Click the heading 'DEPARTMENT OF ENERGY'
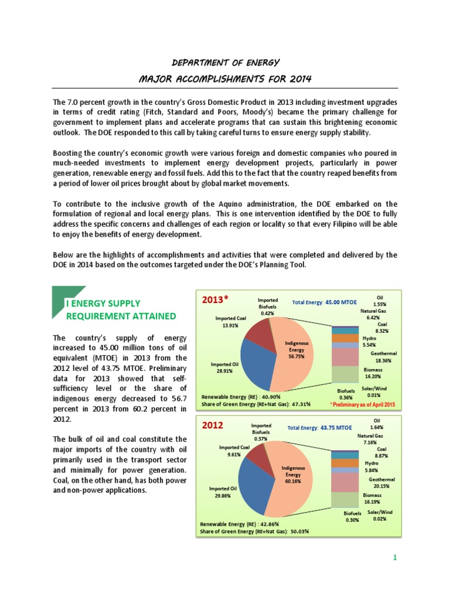click(x=224, y=62)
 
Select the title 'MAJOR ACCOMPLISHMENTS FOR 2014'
click(x=224, y=78)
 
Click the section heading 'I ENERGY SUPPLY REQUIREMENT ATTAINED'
click(x=120, y=309)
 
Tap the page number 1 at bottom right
click(x=396, y=557)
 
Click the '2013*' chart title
click(x=215, y=299)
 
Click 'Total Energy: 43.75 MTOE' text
click(x=320, y=428)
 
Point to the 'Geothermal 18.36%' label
click(x=383, y=357)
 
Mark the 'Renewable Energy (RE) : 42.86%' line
click(x=240, y=524)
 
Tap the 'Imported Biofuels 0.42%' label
click(x=267, y=306)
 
